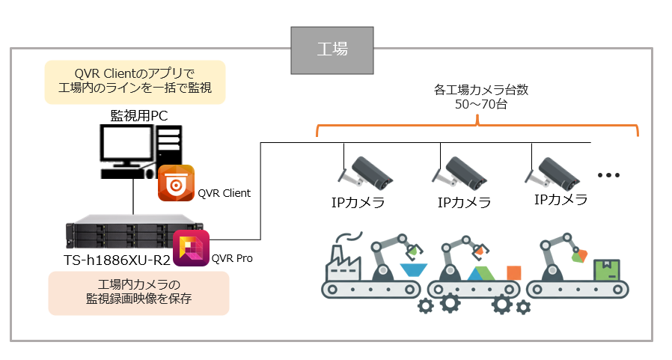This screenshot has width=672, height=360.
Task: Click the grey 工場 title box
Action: click(x=332, y=49)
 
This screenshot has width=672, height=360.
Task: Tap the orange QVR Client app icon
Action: click(x=176, y=183)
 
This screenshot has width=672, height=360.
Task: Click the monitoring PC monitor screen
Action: click(x=126, y=145)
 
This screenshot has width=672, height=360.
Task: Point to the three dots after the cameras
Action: click(x=609, y=175)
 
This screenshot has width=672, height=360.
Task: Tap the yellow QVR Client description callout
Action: click(x=135, y=81)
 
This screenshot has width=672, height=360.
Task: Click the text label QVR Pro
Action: click(x=232, y=259)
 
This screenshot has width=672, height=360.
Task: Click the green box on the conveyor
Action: click(x=605, y=270)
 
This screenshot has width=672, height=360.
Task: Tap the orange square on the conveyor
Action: click(x=513, y=272)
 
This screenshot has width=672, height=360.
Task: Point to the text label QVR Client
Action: click(x=224, y=193)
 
